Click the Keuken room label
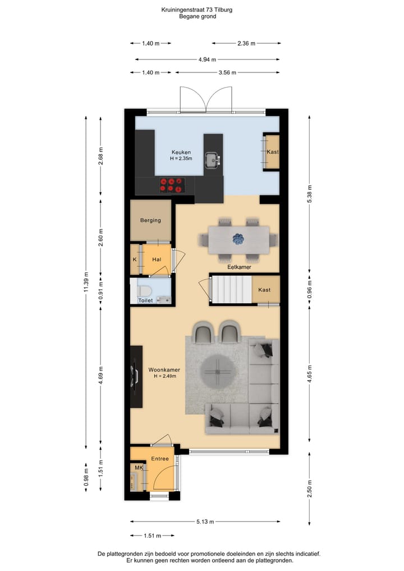pyautogui.click(x=181, y=152)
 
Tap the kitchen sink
pyautogui.click(x=213, y=161)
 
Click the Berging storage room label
pyautogui.click(x=150, y=220)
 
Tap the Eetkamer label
pyautogui.click(x=238, y=267)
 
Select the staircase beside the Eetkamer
pyautogui.click(x=230, y=290)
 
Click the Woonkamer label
pyautogui.click(x=162, y=370)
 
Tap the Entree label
pyautogui.click(x=160, y=459)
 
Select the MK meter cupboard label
pyautogui.click(x=138, y=468)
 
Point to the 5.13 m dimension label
pyautogui.click(x=205, y=522)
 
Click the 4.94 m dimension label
pyautogui.click(x=207, y=59)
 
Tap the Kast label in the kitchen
pyautogui.click(x=273, y=152)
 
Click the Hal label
pyautogui.click(x=157, y=259)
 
